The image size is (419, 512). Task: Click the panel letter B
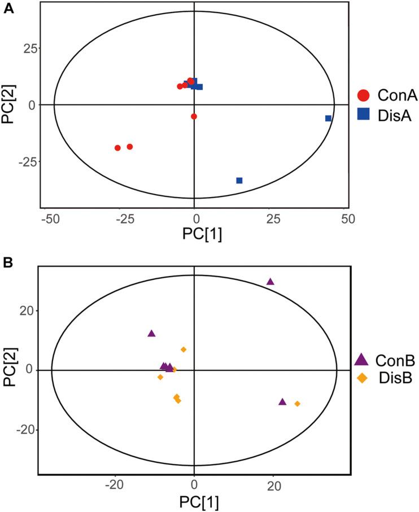(x=9, y=263)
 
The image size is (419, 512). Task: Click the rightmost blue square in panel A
(x=328, y=118)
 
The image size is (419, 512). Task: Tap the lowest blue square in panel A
(x=239, y=181)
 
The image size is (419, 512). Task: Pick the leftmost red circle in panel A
(x=117, y=148)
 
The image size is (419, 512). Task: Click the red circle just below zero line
(x=194, y=116)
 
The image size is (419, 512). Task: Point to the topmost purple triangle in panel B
(x=270, y=282)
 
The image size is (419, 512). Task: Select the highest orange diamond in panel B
(x=184, y=349)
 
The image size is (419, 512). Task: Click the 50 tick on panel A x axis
(x=348, y=217)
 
